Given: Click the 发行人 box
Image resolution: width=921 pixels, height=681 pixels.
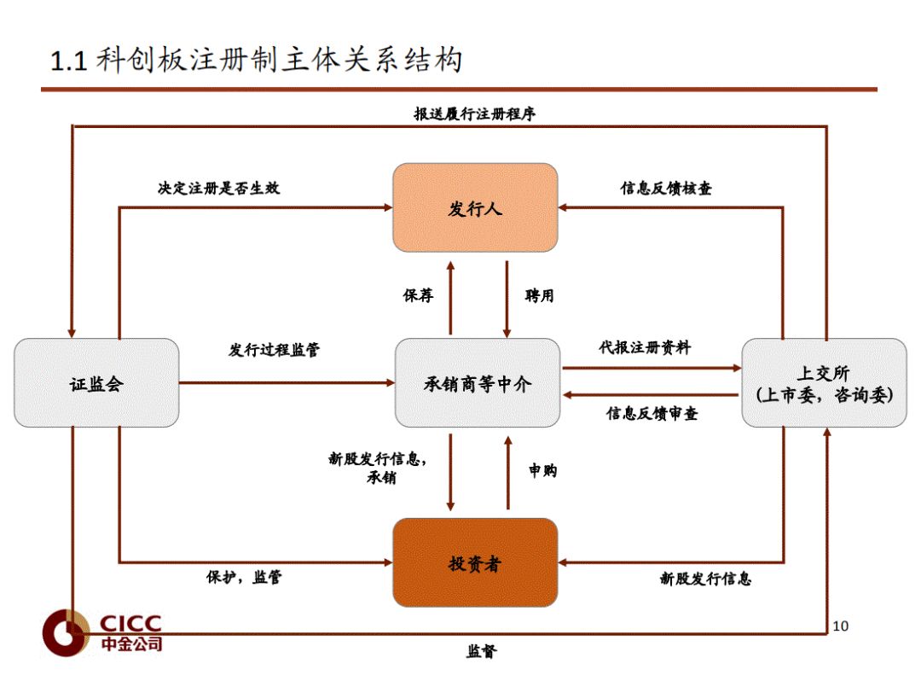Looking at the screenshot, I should coord(475,207).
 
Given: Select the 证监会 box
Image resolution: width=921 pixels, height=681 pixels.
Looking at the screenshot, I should coord(96,383).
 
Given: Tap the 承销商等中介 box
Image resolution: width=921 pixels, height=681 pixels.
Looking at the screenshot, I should coord(478,383).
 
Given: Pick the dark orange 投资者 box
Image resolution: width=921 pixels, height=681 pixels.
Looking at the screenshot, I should coord(475,562).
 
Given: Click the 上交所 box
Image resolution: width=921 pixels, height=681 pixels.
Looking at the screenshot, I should coord(824,383).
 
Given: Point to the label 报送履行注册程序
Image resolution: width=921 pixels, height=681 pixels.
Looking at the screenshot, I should coord(475,113).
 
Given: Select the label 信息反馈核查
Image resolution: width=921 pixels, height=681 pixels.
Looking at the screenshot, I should coord(666,188).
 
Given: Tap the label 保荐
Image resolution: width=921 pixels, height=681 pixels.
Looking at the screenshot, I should coord(419,295).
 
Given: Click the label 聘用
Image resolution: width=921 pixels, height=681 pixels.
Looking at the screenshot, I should coord(539,295).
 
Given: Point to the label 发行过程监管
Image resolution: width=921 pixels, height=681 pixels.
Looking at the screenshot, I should coord(275,350).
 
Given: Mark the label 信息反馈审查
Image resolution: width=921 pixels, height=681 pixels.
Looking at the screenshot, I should coord(652,414).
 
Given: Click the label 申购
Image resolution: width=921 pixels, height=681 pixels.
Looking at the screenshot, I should coord(542,470).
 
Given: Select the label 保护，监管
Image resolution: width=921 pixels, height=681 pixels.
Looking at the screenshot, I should coord(244,577).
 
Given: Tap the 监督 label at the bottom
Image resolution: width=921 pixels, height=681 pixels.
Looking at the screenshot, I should coord(481,652).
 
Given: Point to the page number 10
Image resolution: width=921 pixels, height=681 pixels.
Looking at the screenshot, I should coord(841,626).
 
